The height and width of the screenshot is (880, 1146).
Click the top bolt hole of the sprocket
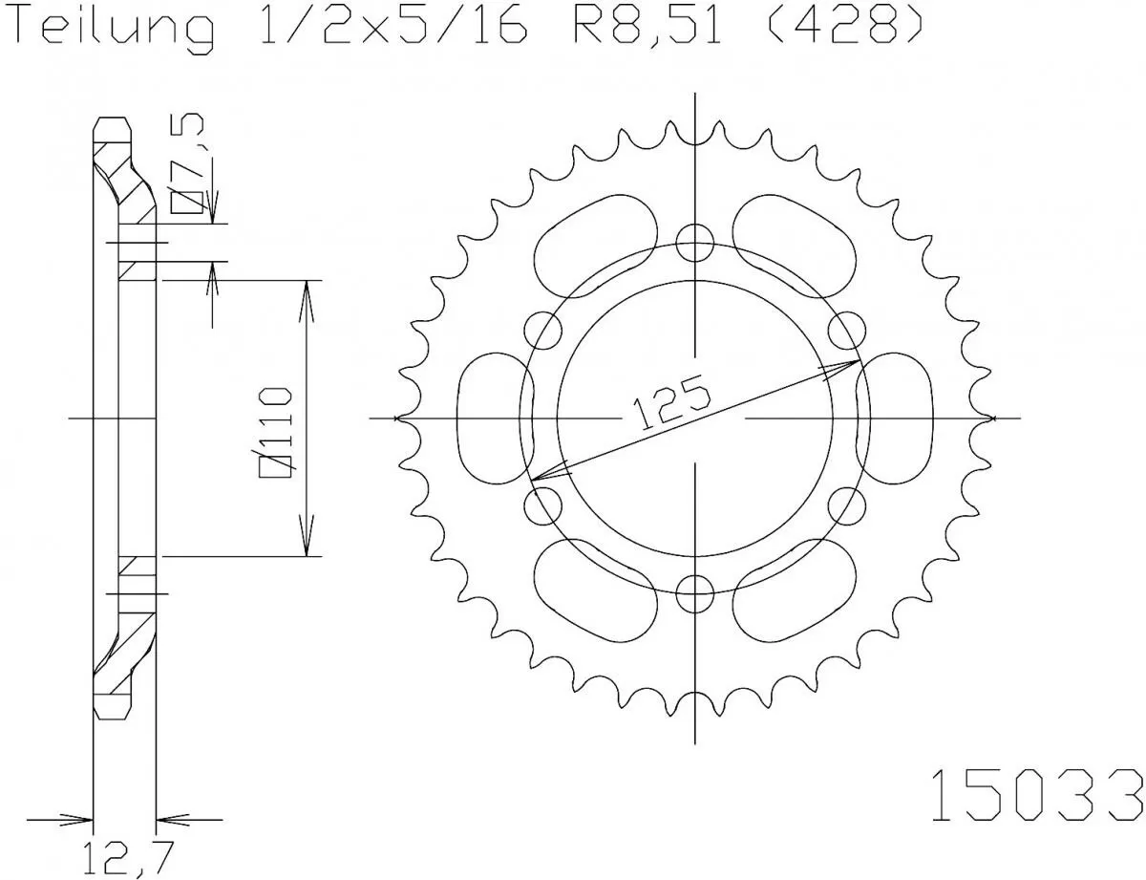pos(694,243)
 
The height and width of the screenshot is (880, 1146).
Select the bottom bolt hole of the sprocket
pos(694,593)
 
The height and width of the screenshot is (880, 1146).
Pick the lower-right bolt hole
pos(846,505)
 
